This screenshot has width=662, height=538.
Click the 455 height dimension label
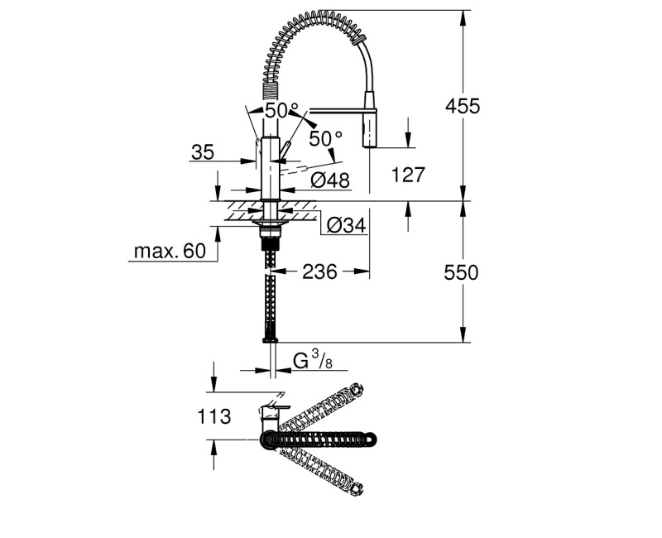462,106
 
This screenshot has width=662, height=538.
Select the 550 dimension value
462,272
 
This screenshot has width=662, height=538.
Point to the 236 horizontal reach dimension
319,271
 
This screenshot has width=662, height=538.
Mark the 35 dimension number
203,151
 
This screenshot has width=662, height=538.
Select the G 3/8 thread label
314,361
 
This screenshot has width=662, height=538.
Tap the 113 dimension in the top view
214,416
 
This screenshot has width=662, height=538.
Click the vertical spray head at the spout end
369,130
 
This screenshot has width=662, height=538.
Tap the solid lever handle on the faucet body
285,150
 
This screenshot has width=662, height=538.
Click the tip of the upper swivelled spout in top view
357,389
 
